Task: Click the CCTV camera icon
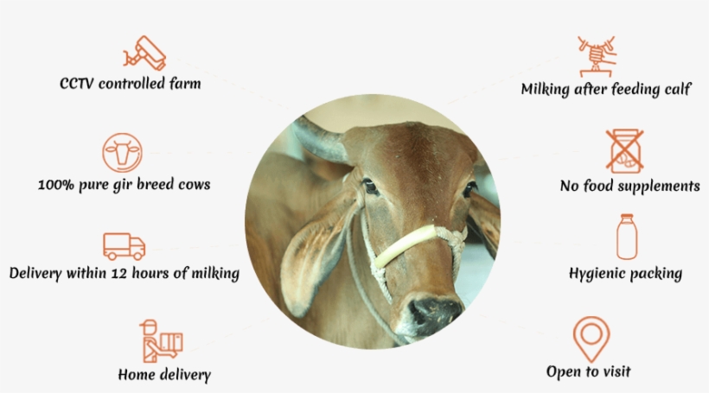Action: [x=144, y=53]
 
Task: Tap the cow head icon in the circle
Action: [x=122, y=154]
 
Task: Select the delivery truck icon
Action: [x=124, y=246]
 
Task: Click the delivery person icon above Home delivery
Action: [x=160, y=340]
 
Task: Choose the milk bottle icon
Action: [x=625, y=237]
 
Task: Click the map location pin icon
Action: [x=591, y=339]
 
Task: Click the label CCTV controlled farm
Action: [x=131, y=84]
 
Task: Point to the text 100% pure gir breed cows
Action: [x=125, y=185]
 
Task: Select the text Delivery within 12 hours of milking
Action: [x=124, y=274]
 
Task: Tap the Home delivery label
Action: [x=164, y=375]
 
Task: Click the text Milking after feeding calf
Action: [x=605, y=89]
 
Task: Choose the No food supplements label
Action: [x=629, y=186]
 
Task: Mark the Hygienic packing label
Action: [x=625, y=274]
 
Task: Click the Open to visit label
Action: [x=588, y=372]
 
